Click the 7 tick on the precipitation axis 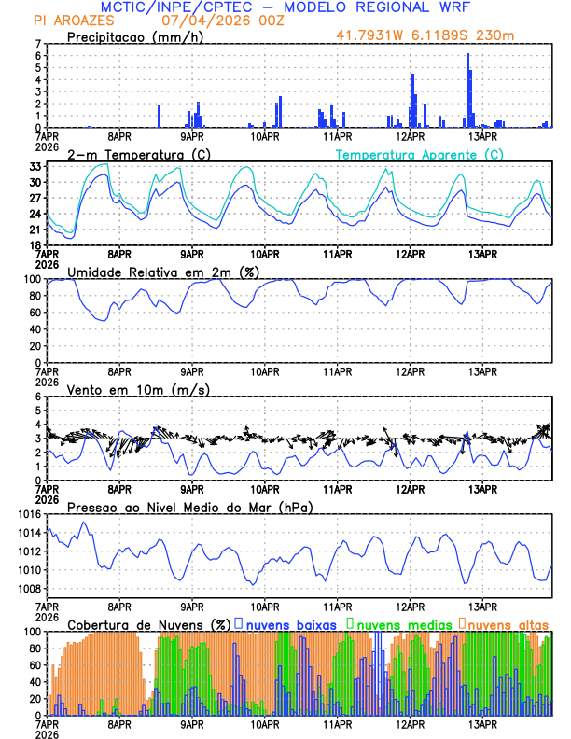click(37, 44)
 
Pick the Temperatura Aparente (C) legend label click(419, 154)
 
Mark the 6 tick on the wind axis click(37, 397)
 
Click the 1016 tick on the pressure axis click(28, 515)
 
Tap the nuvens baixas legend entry click(288, 623)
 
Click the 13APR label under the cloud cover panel click(481, 724)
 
